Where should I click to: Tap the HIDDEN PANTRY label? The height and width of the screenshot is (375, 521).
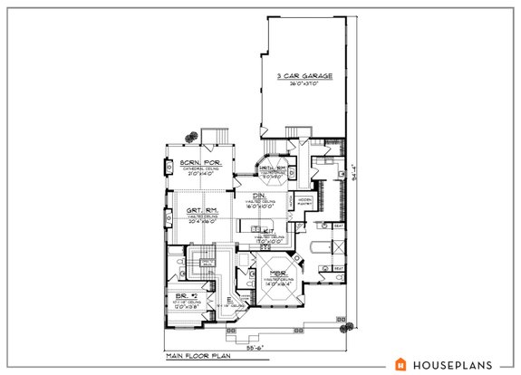pos(305,201)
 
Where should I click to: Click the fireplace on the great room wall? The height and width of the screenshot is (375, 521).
pos(169,216)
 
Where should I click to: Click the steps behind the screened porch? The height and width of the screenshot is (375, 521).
pos(217,137)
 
